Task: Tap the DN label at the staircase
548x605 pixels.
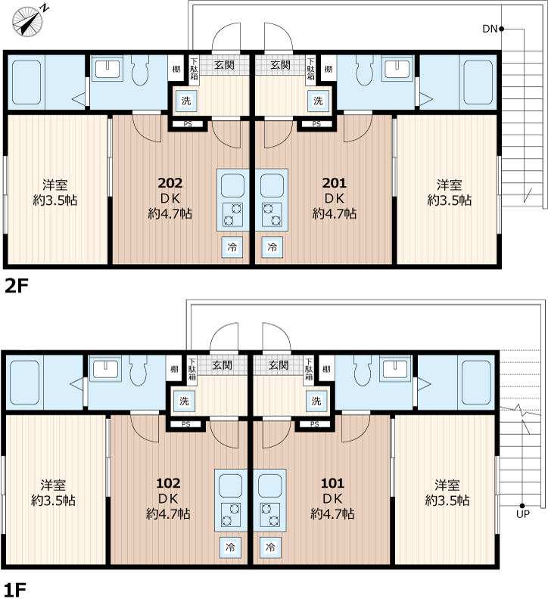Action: (490, 29)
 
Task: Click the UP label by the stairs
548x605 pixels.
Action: (523, 514)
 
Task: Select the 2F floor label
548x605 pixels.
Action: (17, 286)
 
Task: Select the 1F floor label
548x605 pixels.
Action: (15, 590)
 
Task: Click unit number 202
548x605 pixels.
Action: (170, 182)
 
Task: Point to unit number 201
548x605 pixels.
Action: (335, 182)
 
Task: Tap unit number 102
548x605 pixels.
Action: (168, 483)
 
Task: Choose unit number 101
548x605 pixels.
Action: (332, 483)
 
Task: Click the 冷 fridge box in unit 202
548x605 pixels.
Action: (232, 247)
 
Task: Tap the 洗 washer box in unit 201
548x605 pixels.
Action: (318, 101)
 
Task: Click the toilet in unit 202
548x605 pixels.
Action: (140, 70)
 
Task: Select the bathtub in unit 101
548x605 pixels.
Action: (477, 383)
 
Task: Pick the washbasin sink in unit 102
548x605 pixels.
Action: (104, 369)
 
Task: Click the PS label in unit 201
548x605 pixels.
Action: (316, 124)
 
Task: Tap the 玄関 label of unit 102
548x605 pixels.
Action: (223, 365)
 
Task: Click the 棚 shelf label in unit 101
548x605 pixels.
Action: (326, 369)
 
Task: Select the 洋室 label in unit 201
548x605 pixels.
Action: (449, 185)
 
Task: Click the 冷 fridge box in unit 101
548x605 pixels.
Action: (270, 547)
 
